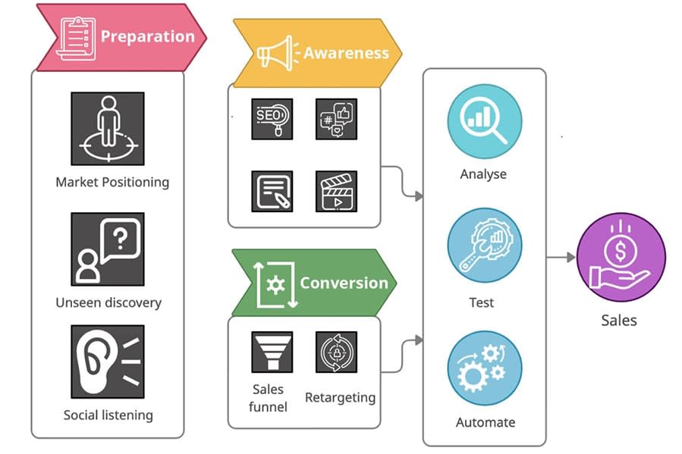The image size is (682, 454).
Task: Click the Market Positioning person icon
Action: (108, 128)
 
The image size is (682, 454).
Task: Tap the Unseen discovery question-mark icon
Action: (108, 248)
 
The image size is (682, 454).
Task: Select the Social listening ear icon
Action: (108, 362)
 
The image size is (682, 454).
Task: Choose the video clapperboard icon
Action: (336, 191)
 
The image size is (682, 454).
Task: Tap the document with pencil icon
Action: (272, 191)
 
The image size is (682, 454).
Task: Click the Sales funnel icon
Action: (272, 352)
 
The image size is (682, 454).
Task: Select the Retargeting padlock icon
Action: (336, 352)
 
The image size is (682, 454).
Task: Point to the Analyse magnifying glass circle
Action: (484, 121)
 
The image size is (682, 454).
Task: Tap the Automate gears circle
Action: (484, 368)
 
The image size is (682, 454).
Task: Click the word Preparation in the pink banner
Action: (147, 36)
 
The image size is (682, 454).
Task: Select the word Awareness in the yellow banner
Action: (346, 53)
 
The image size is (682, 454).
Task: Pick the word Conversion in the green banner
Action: (344, 283)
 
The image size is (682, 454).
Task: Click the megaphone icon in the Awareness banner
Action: (275, 54)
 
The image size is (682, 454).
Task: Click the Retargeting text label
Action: (340, 397)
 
